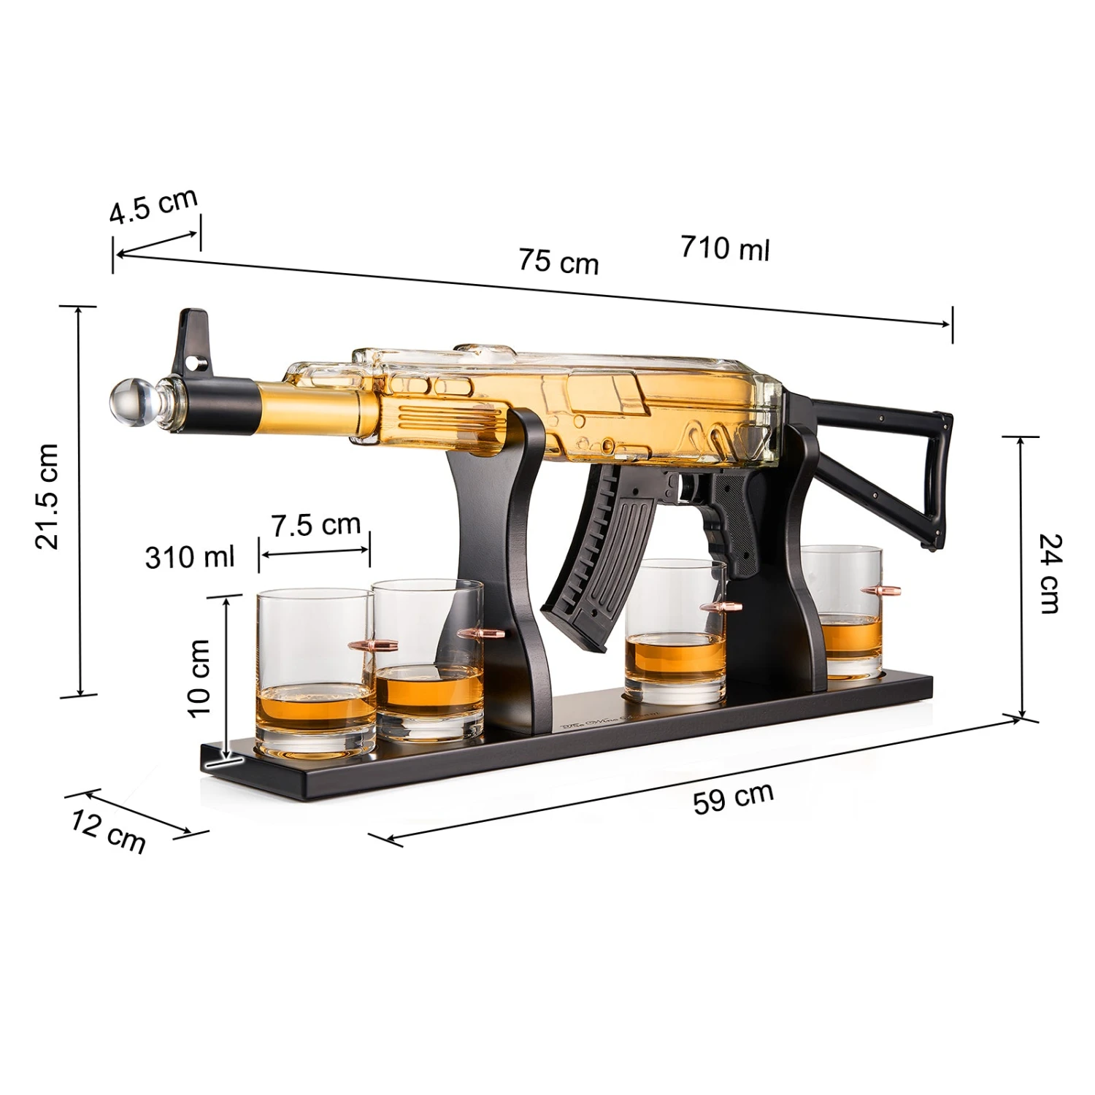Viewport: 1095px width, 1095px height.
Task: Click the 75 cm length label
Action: [558, 261]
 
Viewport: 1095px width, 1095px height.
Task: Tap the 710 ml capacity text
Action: [725, 248]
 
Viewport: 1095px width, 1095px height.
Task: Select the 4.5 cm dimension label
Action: [153, 206]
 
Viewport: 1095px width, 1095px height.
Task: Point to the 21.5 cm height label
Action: [47, 496]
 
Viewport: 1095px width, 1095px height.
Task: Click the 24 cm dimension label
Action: [1050, 573]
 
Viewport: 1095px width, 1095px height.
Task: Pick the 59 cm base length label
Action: [733, 798]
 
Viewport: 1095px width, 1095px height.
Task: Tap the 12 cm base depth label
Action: [109, 831]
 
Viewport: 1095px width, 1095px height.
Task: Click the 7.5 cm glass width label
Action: [316, 525]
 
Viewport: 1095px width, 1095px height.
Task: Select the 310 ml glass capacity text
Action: [190, 557]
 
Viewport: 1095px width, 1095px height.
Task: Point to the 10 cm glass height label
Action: [199, 678]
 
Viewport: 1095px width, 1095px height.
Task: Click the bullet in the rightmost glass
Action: [880, 591]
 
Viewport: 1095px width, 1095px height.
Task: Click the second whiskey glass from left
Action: [429, 657]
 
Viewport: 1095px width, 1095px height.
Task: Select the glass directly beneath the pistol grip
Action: [675, 631]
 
